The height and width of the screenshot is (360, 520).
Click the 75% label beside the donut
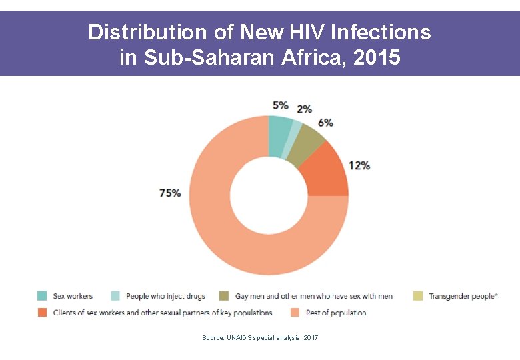tap(170, 193)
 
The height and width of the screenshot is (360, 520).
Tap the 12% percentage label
tap(359, 165)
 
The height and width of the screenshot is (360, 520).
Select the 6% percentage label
tap(325, 123)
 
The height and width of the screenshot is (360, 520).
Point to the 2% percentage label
tap(304, 109)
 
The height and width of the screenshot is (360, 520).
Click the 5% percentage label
tap(281, 105)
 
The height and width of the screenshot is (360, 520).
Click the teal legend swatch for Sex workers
tap(42, 296)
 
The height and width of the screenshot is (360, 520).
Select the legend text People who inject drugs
tap(165, 296)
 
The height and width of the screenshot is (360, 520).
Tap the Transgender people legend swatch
tap(418, 296)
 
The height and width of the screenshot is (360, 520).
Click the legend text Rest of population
tap(335, 313)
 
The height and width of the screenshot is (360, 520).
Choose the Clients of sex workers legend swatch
tap(42, 313)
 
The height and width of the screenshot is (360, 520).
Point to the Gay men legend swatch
tap(223, 296)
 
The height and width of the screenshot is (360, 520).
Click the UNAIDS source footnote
tap(260, 338)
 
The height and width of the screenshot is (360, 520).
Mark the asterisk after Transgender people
tap(497, 295)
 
